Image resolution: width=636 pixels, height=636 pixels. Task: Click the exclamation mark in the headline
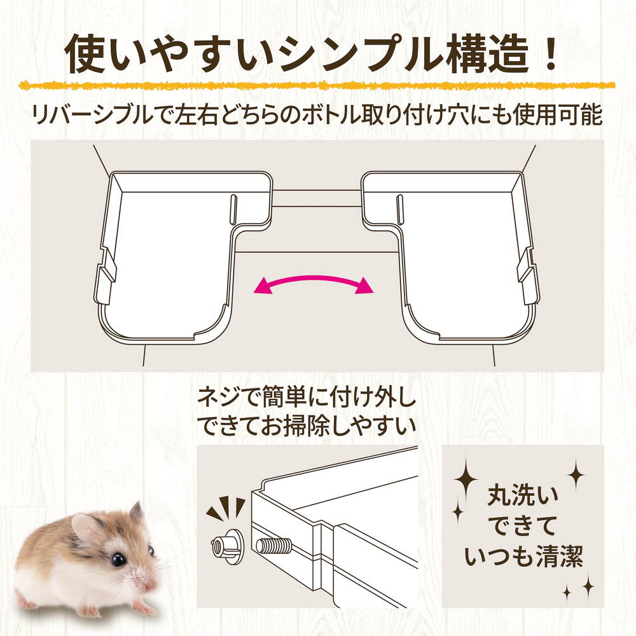(x=550, y=53)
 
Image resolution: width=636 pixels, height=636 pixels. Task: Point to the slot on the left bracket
(x=233, y=209)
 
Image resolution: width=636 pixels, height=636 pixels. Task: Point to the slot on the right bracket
(x=399, y=209)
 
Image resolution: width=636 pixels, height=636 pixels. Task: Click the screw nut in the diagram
(x=228, y=546)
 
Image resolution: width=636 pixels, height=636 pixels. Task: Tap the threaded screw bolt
(x=273, y=546)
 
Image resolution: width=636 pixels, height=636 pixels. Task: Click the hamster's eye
(x=118, y=559)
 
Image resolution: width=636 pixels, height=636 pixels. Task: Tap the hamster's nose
(x=150, y=584)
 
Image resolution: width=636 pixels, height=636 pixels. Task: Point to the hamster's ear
(x=86, y=530)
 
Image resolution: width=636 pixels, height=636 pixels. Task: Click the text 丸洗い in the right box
(x=523, y=495)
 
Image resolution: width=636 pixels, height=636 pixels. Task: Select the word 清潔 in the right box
(x=560, y=556)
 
